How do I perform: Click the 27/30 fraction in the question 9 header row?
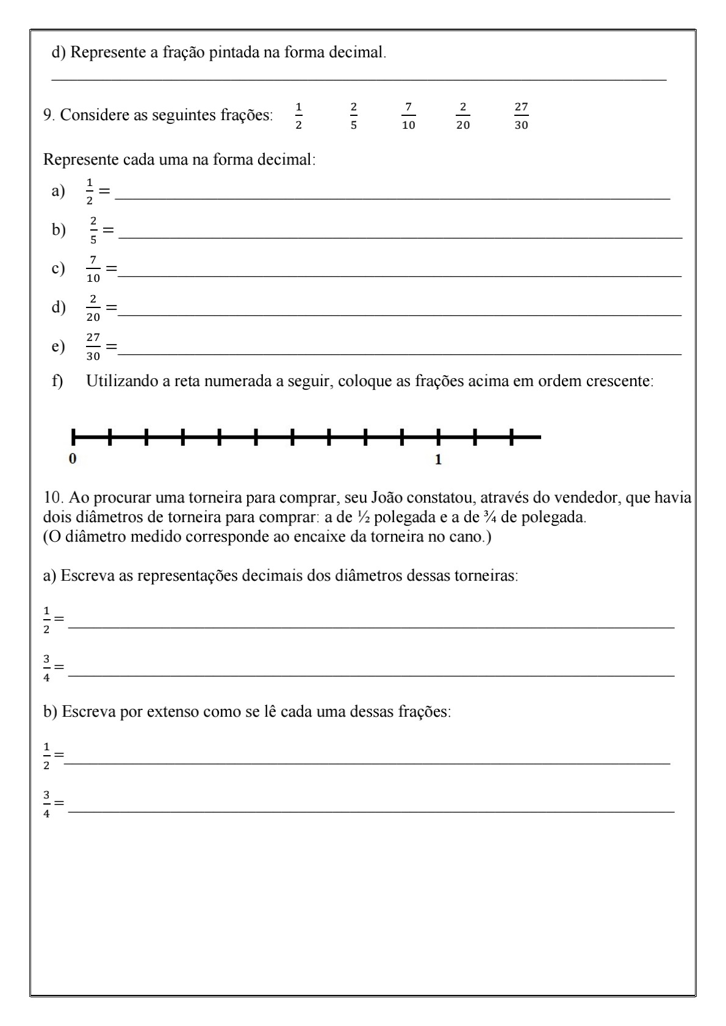[521, 116]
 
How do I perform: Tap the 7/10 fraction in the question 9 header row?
[408, 116]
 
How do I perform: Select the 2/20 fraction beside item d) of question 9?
[93, 307]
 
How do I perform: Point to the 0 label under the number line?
[73, 459]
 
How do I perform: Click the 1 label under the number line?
[438, 459]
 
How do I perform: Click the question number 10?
[51, 498]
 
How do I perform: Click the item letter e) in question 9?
[59, 346]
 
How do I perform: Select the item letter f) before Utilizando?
[58, 381]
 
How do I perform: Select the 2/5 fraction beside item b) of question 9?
[93, 230]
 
